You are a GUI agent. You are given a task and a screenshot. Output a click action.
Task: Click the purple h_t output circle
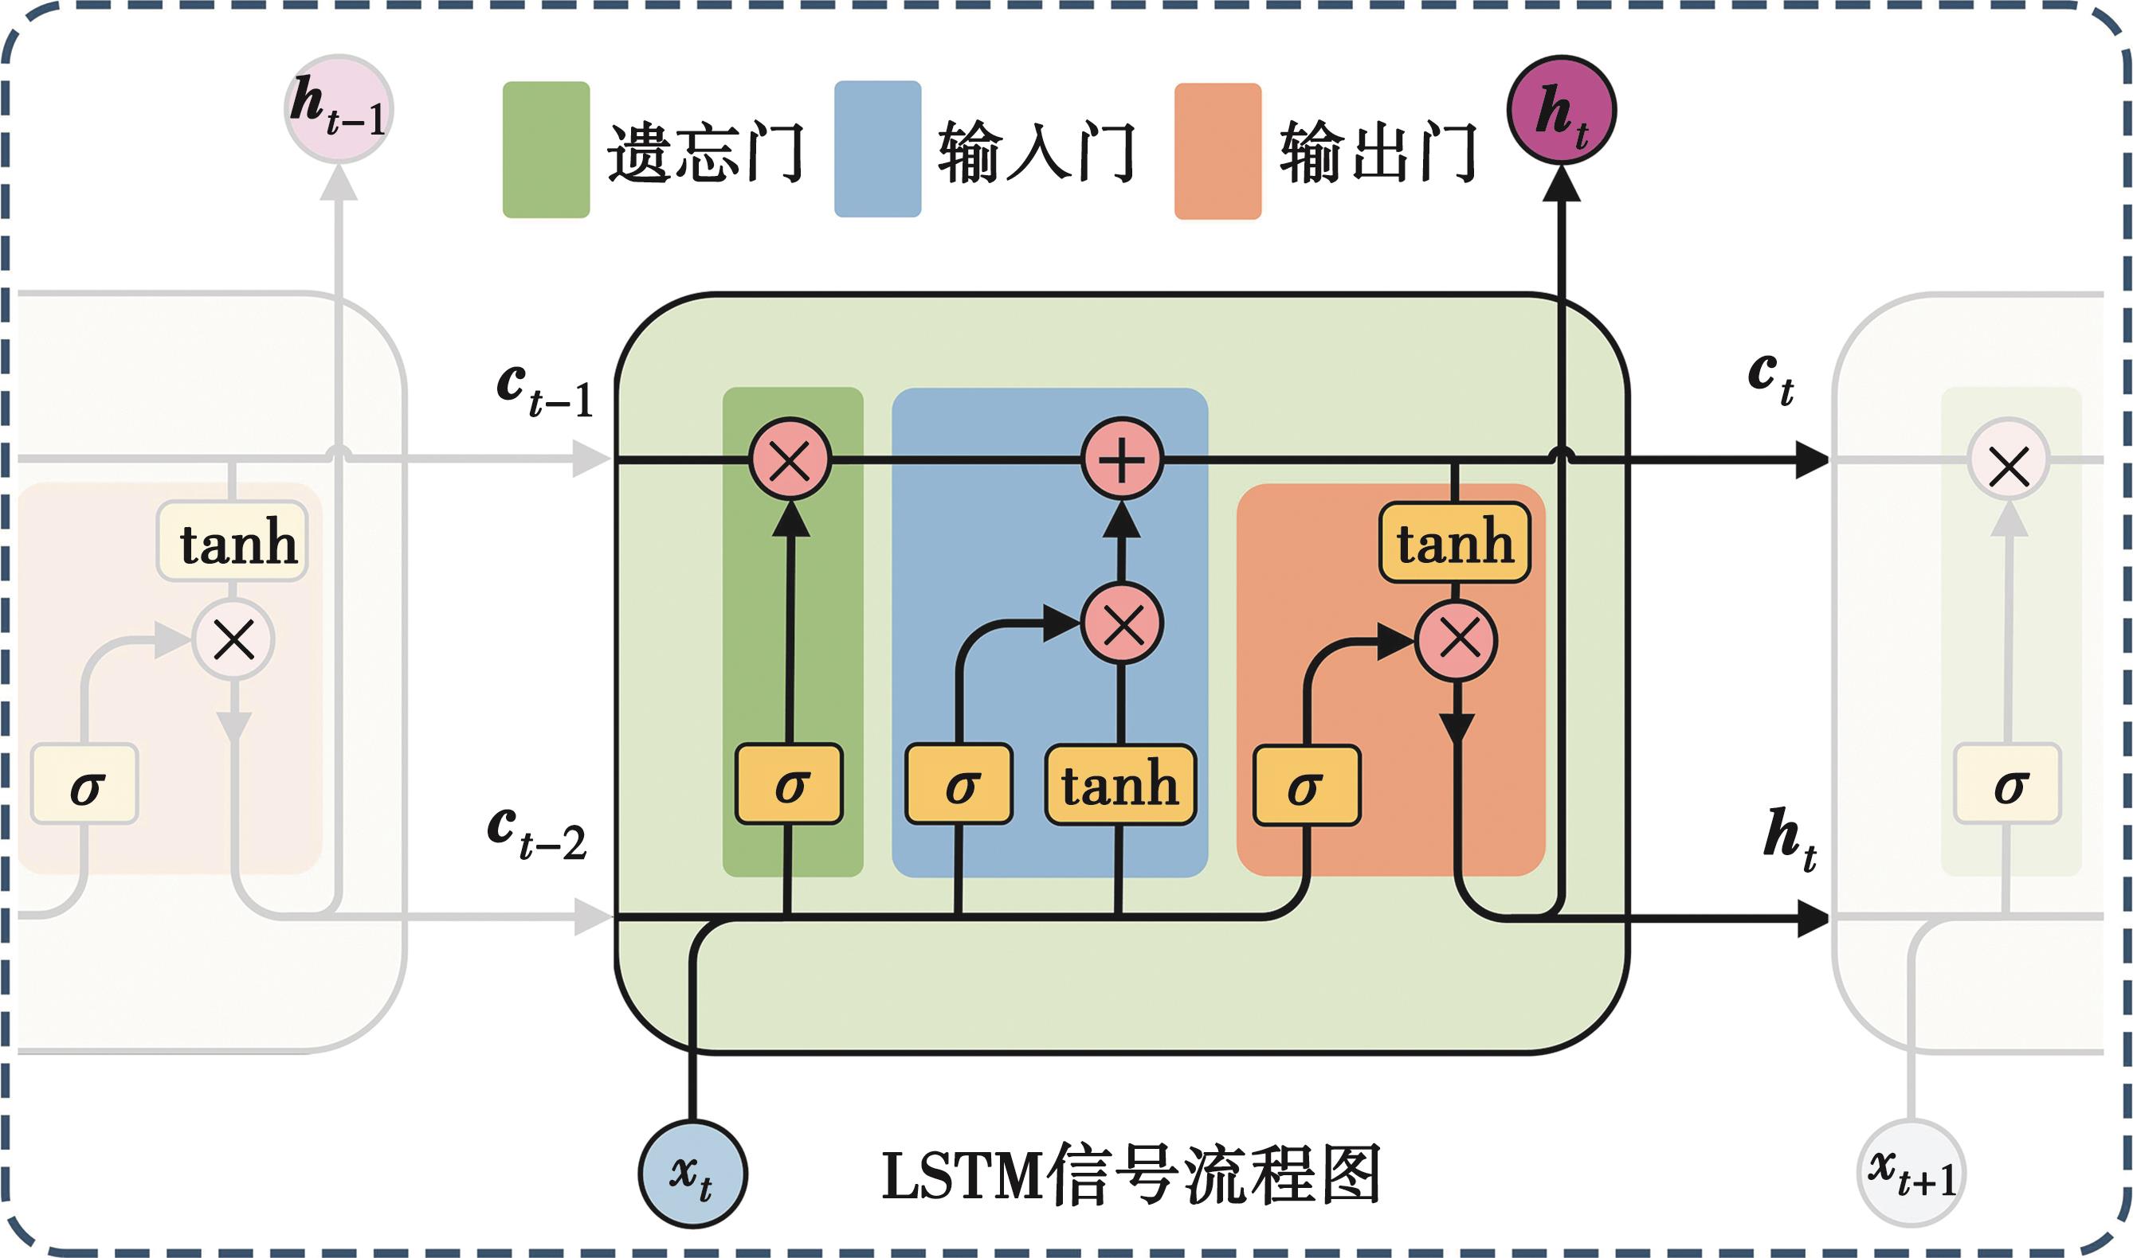(x=1561, y=111)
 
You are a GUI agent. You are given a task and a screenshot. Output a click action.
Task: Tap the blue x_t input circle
(x=692, y=1174)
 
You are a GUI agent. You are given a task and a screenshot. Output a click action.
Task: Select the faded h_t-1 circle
(x=339, y=109)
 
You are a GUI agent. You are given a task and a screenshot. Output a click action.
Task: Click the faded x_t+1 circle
(x=1911, y=1174)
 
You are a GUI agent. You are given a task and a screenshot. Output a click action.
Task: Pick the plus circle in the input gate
(x=1122, y=459)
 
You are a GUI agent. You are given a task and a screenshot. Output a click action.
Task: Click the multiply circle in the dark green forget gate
(x=790, y=460)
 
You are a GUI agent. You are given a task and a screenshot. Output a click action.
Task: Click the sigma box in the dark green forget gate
(x=789, y=784)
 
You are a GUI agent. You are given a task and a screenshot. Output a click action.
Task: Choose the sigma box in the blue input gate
(x=959, y=784)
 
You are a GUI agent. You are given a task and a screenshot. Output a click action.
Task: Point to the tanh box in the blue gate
(x=1120, y=784)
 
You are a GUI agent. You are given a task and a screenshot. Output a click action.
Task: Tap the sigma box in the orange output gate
(x=1306, y=785)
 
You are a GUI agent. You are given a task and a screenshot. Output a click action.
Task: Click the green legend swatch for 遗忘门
(x=545, y=149)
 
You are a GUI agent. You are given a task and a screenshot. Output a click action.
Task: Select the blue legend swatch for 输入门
(x=877, y=149)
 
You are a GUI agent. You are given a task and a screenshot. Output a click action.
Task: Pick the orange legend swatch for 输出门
(x=1217, y=151)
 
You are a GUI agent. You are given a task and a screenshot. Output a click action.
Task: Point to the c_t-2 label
(x=537, y=834)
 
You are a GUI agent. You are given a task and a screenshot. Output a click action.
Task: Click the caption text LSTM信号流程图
(x=1131, y=1175)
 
